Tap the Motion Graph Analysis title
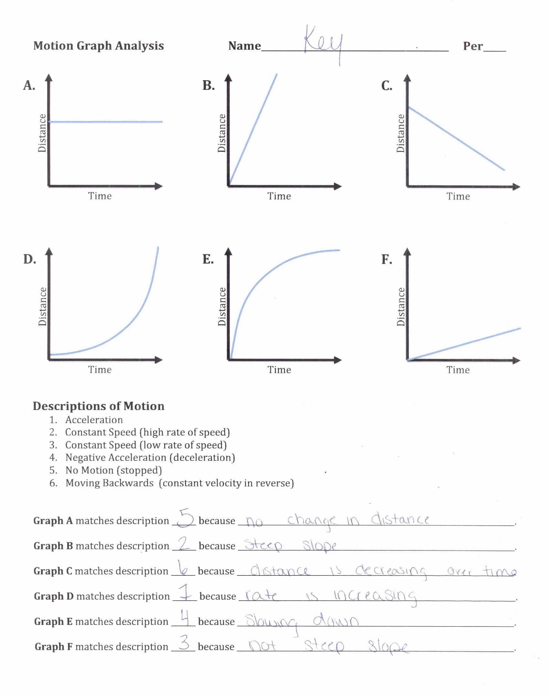click(x=99, y=46)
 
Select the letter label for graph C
click(x=386, y=86)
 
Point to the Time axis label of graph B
click(x=279, y=196)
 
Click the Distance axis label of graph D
click(x=43, y=306)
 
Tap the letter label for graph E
click(x=208, y=259)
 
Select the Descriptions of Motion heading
click(x=99, y=406)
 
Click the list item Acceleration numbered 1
click(x=94, y=420)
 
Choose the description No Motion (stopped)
click(x=113, y=470)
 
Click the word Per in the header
click(x=473, y=46)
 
